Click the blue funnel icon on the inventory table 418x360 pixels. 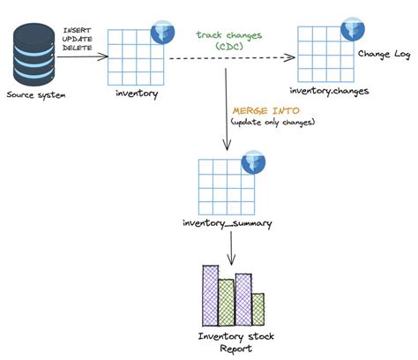tap(162, 33)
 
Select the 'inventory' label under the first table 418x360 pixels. tap(135, 93)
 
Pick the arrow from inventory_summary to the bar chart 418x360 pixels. tap(231, 251)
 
